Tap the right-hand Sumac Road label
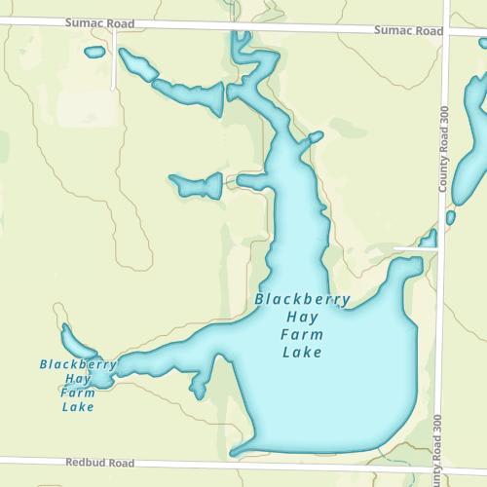[x=408, y=31]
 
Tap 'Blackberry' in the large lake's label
[x=302, y=300]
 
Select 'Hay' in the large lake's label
[x=301, y=318]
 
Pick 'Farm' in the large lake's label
[x=301, y=335]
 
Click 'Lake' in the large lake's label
[x=301, y=353]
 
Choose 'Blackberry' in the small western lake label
[x=78, y=365]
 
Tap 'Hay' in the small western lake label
[x=78, y=379]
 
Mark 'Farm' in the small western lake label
[x=78, y=393]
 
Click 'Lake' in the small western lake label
[x=78, y=406]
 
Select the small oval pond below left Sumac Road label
[x=94, y=52]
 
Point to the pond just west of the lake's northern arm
[x=195, y=183]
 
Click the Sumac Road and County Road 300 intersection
[x=446, y=32]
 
